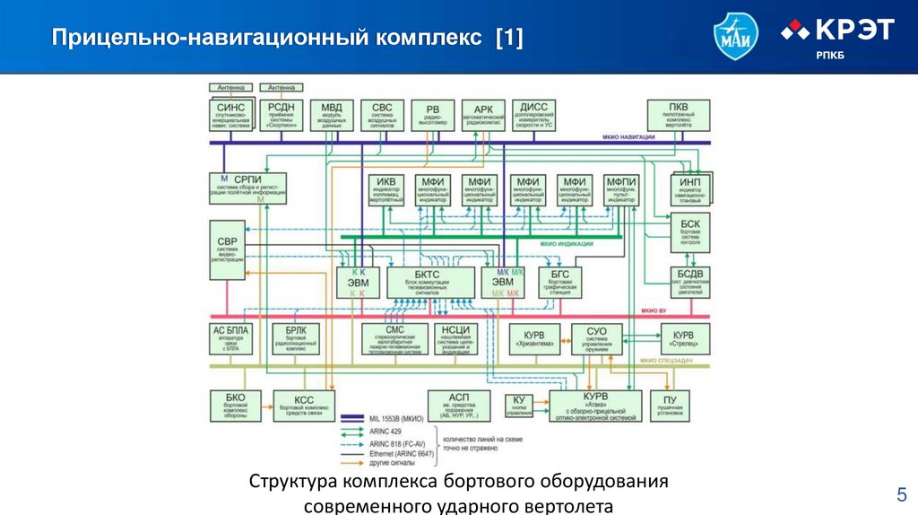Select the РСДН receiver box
click(x=281, y=115)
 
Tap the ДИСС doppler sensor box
click(x=535, y=115)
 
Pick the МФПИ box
click(x=620, y=190)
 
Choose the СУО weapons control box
click(x=596, y=339)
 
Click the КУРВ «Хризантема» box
click(x=535, y=339)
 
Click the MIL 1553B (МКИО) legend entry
click(x=394, y=418)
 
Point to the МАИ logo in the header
click(x=735, y=37)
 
